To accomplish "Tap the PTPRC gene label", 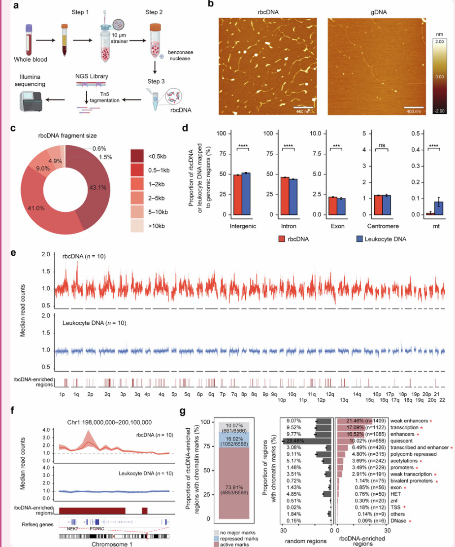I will point(97,526).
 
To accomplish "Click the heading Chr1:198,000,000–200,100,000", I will point(110,422).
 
